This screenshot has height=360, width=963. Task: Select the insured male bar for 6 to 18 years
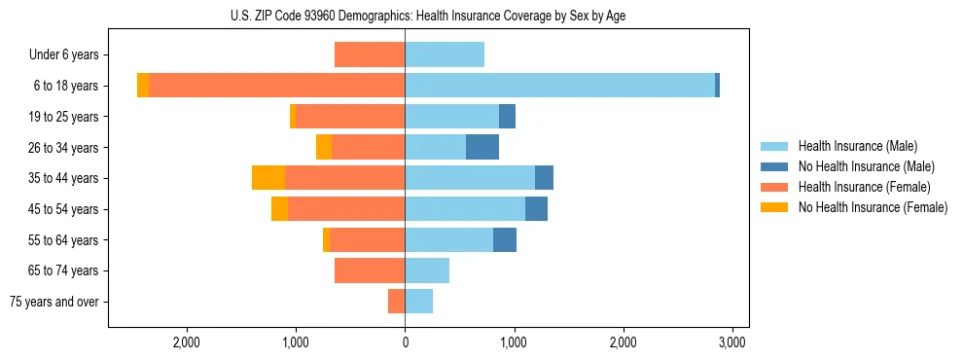click(x=559, y=86)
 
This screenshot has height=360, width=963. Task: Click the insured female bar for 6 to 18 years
click(x=276, y=86)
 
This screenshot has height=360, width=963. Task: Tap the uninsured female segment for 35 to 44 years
click(x=268, y=178)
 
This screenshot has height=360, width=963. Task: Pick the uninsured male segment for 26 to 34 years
click(x=482, y=147)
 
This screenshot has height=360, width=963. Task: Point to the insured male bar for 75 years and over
click(x=419, y=302)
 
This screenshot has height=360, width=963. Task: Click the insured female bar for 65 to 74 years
click(x=370, y=270)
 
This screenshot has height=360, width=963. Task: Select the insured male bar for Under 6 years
click(x=445, y=54)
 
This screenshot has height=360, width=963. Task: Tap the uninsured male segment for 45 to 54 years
click(x=536, y=209)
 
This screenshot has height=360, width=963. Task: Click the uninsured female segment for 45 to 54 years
click(x=279, y=209)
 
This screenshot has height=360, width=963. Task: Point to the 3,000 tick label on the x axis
click(x=732, y=342)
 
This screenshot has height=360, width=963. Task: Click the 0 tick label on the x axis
click(x=405, y=342)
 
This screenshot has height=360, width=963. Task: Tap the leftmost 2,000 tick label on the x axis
click(x=186, y=342)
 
